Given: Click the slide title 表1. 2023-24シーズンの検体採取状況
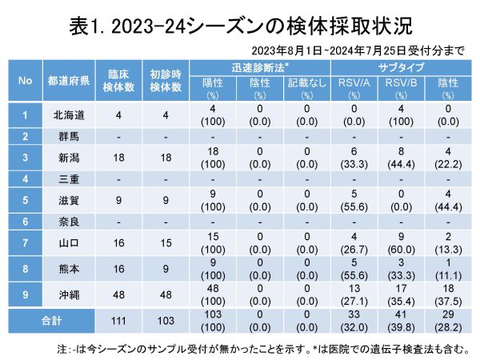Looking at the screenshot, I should [x=239, y=26].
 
